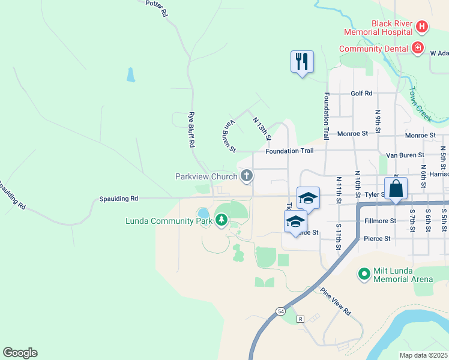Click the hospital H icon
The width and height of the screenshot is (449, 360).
422,26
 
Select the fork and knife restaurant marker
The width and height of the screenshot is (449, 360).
302,61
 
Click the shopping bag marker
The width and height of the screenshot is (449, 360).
396,188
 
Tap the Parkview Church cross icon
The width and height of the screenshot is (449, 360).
246,176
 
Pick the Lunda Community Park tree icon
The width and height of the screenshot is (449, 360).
221,220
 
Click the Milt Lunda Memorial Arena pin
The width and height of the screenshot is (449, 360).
363,275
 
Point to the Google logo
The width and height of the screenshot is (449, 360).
20,353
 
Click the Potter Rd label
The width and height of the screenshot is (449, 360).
156,8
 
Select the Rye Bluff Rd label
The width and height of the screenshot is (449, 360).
191,130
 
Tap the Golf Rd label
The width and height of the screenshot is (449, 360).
361,94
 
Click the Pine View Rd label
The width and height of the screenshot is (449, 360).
335,302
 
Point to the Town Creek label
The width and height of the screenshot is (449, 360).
420,104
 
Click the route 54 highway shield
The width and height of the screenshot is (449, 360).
281,311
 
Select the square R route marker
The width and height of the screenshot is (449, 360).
300,318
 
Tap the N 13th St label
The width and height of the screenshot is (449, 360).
262,129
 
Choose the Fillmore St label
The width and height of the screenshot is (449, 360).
379,221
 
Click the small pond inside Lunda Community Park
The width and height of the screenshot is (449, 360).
203,213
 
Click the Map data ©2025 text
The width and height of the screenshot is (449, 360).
423,355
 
